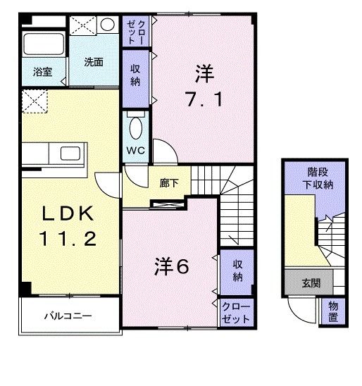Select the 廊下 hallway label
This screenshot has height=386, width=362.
click(x=168, y=183)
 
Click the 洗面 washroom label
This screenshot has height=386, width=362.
click(x=94, y=62)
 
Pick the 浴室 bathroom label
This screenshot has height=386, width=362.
click(x=42, y=71)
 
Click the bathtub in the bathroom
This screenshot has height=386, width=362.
click(x=43, y=44)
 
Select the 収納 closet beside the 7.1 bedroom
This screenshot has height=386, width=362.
click(x=135, y=75)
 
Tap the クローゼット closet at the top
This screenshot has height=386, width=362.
click(x=135, y=31)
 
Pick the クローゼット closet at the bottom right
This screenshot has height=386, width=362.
click(x=235, y=312)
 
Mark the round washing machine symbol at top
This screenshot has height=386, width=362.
click(x=107, y=25)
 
